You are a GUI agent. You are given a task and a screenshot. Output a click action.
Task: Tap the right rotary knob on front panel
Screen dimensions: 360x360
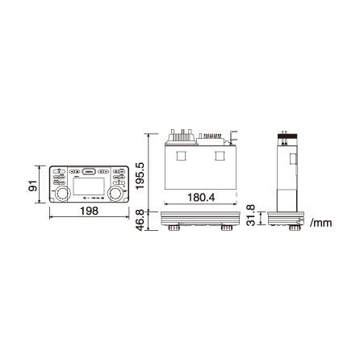(118, 195)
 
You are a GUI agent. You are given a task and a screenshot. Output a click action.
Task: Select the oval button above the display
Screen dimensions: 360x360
(90, 171)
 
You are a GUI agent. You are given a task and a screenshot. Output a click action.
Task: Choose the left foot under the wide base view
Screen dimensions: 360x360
(174, 229)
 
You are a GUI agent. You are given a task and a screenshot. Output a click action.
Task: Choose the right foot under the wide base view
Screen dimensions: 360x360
(227, 229)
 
